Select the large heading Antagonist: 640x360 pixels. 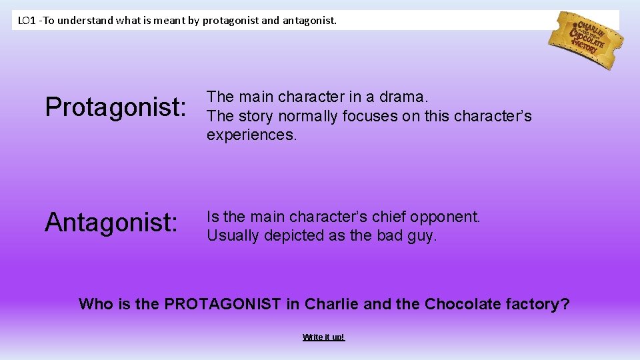(111, 223)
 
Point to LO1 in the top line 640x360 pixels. (27, 21)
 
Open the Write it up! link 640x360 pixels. (323, 337)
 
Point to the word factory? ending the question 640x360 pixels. (539, 305)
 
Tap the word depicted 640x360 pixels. (291, 235)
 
